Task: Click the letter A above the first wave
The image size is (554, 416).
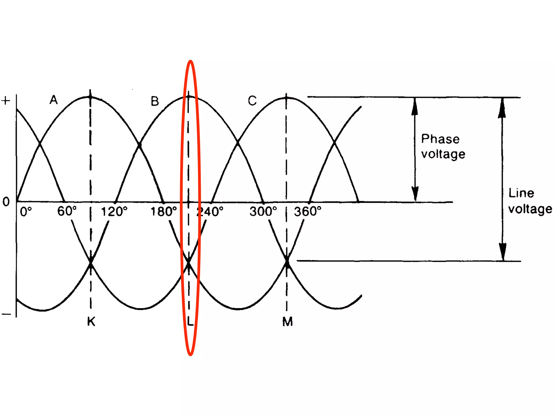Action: point(54,100)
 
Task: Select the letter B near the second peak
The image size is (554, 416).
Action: point(155,101)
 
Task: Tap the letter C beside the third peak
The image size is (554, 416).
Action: point(252,101)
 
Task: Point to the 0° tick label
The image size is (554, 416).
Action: point(26,212)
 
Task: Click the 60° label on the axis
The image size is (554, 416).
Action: point(67,211)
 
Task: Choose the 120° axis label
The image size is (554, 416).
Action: point(114,212)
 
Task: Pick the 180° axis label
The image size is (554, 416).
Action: point(163,212)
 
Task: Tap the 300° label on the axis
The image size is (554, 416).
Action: point(263,212)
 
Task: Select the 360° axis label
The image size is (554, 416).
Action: point(308,212)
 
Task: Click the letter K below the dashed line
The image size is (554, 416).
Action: point(91,322)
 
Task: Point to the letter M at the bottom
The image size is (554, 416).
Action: point(287,322)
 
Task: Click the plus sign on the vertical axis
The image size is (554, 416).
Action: point(6,101)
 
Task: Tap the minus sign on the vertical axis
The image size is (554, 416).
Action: point(6,314)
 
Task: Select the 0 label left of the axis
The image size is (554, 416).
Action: point(6,202)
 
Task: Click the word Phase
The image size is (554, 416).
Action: point(440,139)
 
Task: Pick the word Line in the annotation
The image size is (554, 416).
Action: point(521,193)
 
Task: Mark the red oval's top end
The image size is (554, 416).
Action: point(190,61)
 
